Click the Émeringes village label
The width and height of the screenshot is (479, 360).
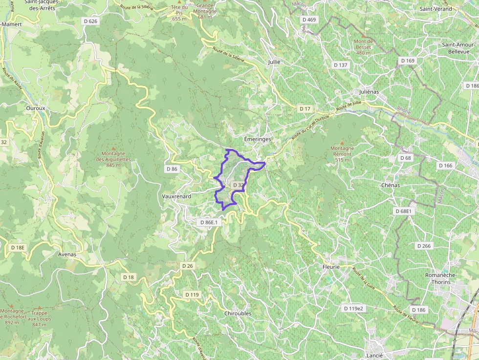point(257,139)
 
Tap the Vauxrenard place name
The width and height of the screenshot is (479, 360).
point(176,196)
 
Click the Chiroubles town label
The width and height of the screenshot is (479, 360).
point(238,313)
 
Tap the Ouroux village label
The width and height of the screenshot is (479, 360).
point(35,108)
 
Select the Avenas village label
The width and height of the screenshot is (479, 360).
point(67,254)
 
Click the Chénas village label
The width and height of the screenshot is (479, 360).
point(390,186)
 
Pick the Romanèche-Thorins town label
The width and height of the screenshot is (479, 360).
point(440,278)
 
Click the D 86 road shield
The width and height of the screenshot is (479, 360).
point(172,169)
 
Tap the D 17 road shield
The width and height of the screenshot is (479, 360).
point(305,108)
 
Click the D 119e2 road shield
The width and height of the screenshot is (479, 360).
point(354,308)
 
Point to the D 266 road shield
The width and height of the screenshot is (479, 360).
point(423,246)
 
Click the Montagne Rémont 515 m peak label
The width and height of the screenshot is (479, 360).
point(342,154)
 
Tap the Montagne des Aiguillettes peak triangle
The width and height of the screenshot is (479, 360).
point(113,148)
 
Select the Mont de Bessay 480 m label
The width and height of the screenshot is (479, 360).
point(364,47)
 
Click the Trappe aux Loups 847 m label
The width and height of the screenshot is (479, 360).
point(39,318)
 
